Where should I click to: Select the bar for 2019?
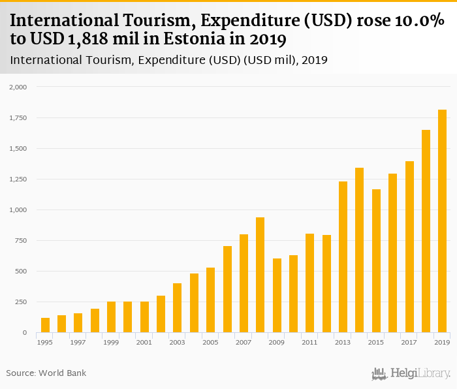coord(442,221)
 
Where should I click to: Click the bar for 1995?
coord(45,325)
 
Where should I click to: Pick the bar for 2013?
coord(343,257)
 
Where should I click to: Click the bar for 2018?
coord(426,231)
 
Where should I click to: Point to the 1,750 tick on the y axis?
coord(18,117)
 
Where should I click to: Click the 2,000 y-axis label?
coord(18,87)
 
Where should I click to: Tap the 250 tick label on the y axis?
coord(20,302)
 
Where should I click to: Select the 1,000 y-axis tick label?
coord(18,210)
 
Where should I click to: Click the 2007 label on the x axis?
coord(244,342)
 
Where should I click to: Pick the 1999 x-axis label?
coord(111,342)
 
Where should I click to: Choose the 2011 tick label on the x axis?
coord(309,342)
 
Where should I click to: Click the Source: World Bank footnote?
coord(46,373)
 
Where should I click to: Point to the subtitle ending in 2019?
coord(168,60)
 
